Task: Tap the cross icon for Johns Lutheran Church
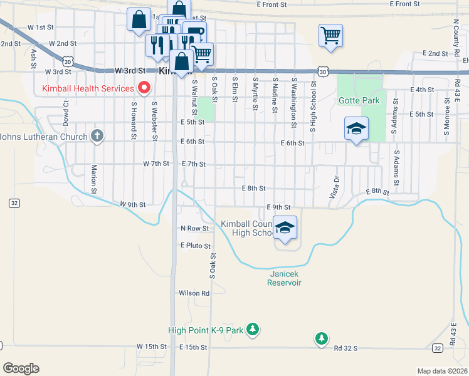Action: pyautogui.click(x=97, y=135)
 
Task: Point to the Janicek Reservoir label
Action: pyautogui.click(x=285, y=278)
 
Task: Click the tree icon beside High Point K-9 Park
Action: pyautogui.click(x=252, y=328)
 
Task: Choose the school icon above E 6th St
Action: pyautogui.click(x=356, y=129)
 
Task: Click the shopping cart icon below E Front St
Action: pyautogui.click(x=330, y=35)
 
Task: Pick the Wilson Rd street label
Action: pyautogui.click(x=194, y=293)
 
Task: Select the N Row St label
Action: pyautogui.click(x=194, y=229)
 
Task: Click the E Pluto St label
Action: pyautogui.click(x=196, y=246)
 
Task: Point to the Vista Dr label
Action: pyautogui.click(x=335, y=187)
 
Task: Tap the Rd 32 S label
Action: pyautogui.click(x=345, y=347)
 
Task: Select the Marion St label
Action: pyautogui.click(x=93, y=179)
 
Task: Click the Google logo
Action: pyautogui.click(x=21, y=368)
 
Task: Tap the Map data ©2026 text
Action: pyautogui.click(x=442, y=371)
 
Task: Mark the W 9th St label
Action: pyautogui.click(x=133, y=204)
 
